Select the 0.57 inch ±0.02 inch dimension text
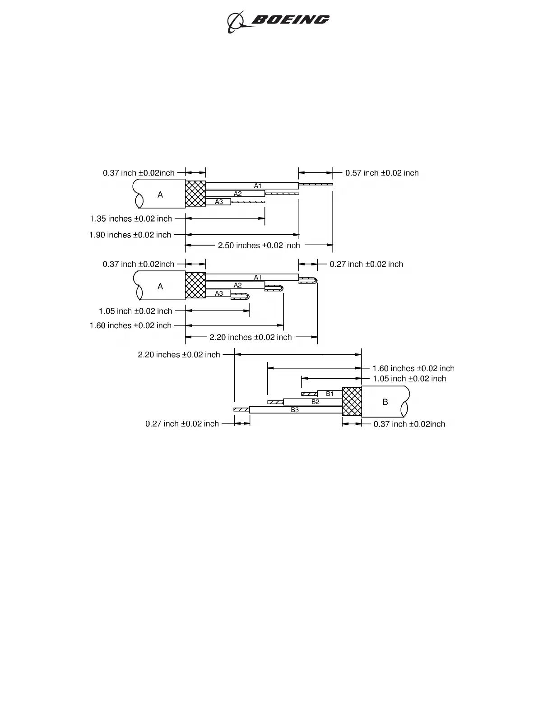pyautogui.click(x=382, y=173)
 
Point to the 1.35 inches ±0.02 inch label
pyautogui.click(x=131, y=219)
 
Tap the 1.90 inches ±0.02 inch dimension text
pyautogui.click(x=130, y=235)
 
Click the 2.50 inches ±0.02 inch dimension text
pyautogui.click(x=259, y=246)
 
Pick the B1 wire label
pyautogui.click(x=330, y=394)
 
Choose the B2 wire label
pyautogui.click(x=315, y=402)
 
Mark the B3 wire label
pyautogui.click(x=295, y=410)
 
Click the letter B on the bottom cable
pyautogui.click(x=385, y=402)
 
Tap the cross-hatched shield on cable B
pyautogui.click(x=352, y=402)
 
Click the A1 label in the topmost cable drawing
pyautogui.click(x=258, y=186)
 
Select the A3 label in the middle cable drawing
pyautogui.click(x=219, y=293)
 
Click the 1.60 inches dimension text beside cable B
pyautogui.click(x=413, y=369)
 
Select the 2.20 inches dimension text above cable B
pyautogui.click(x=179, y=355)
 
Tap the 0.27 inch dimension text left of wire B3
pyautogui.click(x=182, y=424)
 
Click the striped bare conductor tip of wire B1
pyautogui.click(x=309, y=394)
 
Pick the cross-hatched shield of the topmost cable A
pyautogui.click(x=195, y=194)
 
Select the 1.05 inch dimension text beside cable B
pyautogui.click(x=409, y=379)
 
